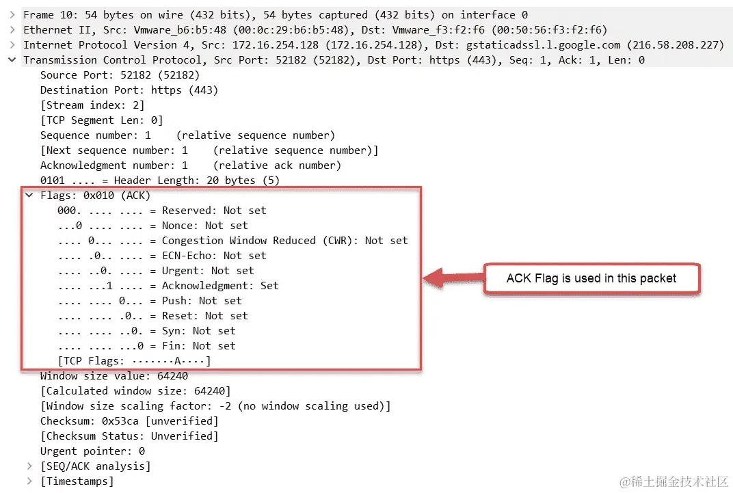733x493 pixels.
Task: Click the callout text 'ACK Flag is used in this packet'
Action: pos(591,278)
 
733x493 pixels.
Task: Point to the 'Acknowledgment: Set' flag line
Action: pos(168,286)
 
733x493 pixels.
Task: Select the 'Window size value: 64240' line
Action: pos(114,376)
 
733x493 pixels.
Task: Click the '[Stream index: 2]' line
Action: pos(92,105)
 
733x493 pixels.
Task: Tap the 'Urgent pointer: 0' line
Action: pos(92,451)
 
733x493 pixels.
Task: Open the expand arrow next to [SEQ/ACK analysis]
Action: pos(29,466)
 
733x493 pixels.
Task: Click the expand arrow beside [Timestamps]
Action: pos(29,481)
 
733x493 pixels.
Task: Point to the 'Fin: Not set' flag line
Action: pos(147,346)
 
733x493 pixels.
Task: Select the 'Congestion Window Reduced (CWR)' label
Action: pos(239,241)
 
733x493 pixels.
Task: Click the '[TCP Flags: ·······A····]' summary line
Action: pos(135,361)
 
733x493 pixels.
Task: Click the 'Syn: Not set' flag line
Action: pos(147,331)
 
